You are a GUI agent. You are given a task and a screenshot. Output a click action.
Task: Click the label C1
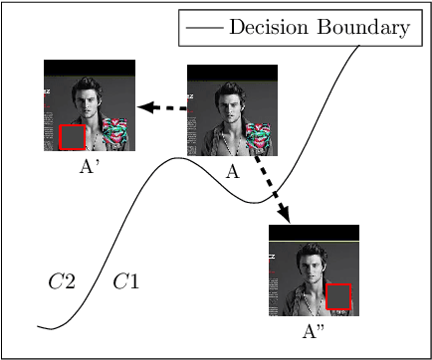125,281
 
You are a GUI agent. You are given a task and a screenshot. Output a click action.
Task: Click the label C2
62,281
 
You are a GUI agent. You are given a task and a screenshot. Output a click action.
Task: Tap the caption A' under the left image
90,166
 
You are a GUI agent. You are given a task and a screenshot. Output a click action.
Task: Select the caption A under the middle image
232,170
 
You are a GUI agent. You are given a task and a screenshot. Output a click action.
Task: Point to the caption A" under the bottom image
315,330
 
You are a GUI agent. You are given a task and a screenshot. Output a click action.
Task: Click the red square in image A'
73,137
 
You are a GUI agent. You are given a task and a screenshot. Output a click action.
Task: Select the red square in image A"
339,297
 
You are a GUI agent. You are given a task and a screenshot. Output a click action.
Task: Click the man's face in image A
234,103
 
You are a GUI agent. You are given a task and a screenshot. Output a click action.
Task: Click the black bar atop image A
232,72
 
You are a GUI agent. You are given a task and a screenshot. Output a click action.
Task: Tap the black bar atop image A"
314,232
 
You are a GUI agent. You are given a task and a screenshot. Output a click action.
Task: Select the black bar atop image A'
89,68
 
